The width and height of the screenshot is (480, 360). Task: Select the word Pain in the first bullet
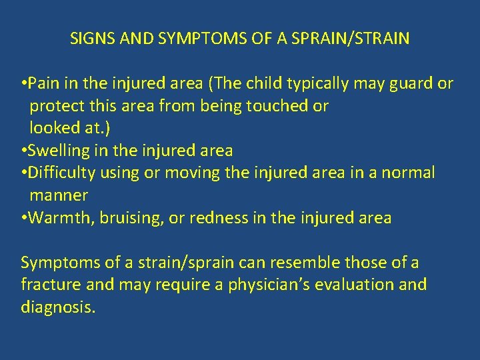pyautogui.click(x=43, y=83)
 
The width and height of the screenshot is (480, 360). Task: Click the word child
pyautogui.click(x=262, y=83)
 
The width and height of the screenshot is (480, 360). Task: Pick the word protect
pyautogui.click(x=56, y=107)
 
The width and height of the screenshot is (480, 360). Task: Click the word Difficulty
pyautogui.click(x=61, y=173)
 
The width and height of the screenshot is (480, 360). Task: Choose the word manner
pyautogui.click(x=59, y=196)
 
